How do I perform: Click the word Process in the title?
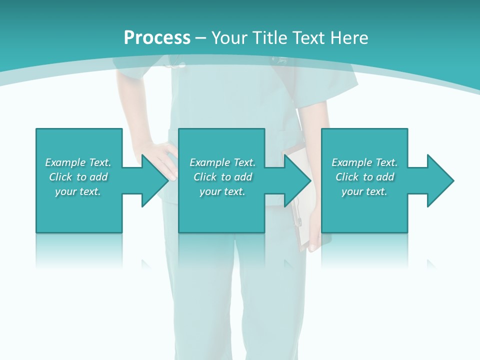point(157,37)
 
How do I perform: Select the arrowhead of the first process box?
point(155,180)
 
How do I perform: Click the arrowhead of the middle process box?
point(297,180)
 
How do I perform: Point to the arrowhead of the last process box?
point(440,180)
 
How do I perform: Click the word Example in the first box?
point(65,162)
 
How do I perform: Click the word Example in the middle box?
point(210,162)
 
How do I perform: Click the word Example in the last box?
point(352,162)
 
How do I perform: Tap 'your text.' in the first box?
point(78,191)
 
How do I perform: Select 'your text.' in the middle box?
point(222,191)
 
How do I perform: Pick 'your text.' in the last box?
point(364,191)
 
